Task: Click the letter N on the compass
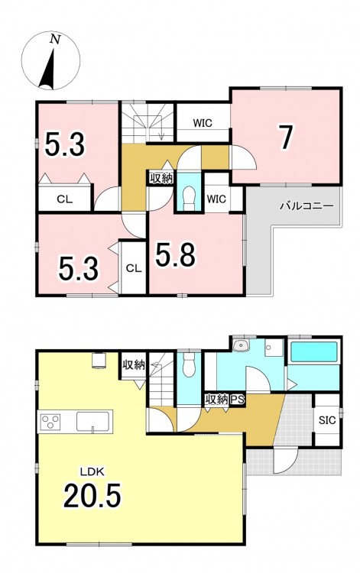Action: click(55, 39)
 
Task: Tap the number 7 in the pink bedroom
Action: click(285, 137)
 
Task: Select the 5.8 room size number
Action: click(175, 254)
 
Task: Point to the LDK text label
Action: click(92, 472)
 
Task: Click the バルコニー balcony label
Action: click(306, 206)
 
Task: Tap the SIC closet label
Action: click(327, 420)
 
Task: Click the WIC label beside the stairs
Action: click(203, 123)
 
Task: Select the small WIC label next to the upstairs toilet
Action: click(216, 199)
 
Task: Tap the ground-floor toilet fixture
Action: click(189, 364)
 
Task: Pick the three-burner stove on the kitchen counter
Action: click(50, 421)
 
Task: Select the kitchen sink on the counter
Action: click(92, 421)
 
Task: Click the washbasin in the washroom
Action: click(240, 345)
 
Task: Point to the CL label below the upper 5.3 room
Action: click(65, 199)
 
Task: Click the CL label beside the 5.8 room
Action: click(134, 269)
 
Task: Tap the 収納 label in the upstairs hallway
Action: click(161, 179)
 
